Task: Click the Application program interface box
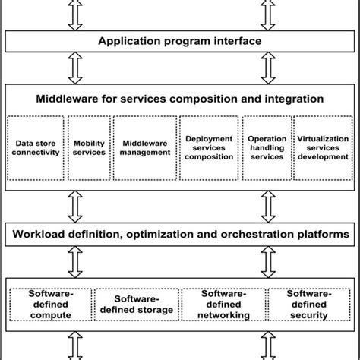coord(180,41)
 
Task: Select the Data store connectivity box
coord(36,147)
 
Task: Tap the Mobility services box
coord(90,147)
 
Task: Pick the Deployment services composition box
coord(208,147)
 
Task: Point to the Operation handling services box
coord(267,147)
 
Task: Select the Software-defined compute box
coord(51,304)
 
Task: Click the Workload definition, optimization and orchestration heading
coord(180,235)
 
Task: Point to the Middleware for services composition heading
coord(180,99)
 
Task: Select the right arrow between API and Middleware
coord(267,68)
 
